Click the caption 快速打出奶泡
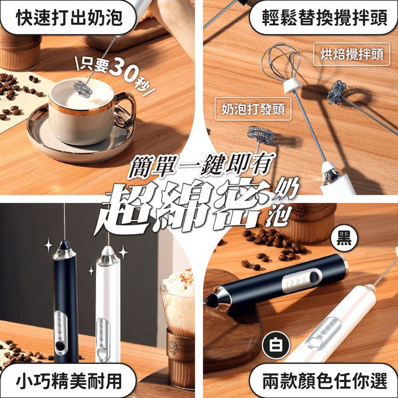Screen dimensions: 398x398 click(69, 18)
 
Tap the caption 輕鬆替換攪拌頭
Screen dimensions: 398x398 click(325, 18)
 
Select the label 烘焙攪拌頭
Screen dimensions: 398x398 click(352, 54)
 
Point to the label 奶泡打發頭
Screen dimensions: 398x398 click(253, 109)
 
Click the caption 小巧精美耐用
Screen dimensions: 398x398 click(69, 381)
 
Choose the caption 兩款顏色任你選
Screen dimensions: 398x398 click(325, 381)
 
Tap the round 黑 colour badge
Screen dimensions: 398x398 click(344, 239)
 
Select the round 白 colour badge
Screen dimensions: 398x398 click(276, 345)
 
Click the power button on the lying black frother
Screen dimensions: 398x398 click(315, 276)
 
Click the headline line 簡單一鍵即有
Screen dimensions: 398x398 click(201, 166)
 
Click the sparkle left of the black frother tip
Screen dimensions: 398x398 click(49, 245)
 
